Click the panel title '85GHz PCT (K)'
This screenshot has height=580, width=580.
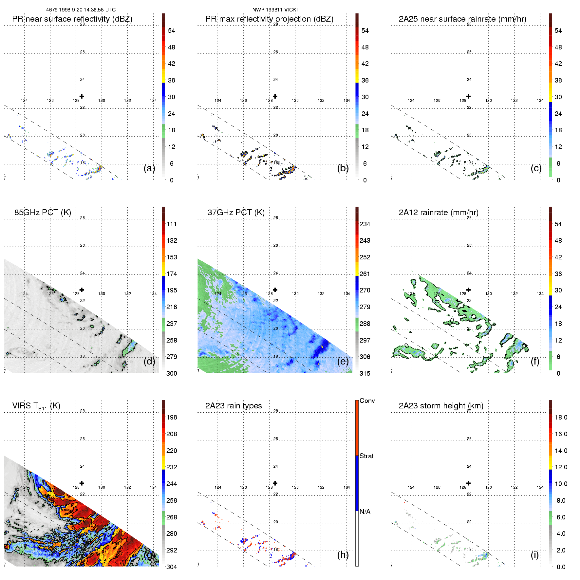pyautogui.click(x=43, y=213)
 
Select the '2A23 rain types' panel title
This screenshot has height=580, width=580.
pyautogui.click(x=234, y=406)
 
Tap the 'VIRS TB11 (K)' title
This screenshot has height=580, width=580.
pyautogui.click(x=36, y=406)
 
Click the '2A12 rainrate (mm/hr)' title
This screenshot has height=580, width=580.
pyautogui.click(x=439, y=213)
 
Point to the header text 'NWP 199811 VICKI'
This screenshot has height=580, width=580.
pyautogui.click(x=275, y=10)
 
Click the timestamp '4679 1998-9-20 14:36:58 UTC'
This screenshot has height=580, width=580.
pyautogui.click(x=81, y=10)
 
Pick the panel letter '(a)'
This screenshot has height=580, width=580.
pyautogui.click(x=149, y=168)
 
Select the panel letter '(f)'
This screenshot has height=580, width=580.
pyautogui.click(x=535, y=361)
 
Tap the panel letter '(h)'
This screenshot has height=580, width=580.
pyautogui.click(x=343, y=554)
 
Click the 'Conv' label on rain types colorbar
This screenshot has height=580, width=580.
pyautogui.click(x=367, y=401)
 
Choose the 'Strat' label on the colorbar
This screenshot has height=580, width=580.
pyautogui.click(x=366, y=456)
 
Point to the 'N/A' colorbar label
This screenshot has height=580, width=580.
pyautogui.click(x=365, y=512)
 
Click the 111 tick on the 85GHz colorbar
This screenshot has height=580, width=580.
pyautogui.click(x=172, y=224)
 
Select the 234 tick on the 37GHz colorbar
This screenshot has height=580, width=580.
pyautogui.click(x=365, y=224)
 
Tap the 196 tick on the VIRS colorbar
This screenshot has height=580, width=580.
pyautogui.click(x=172, y=418)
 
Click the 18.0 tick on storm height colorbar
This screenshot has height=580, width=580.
pyautogui.click(x=561, y=418)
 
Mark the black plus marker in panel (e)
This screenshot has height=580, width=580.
pyautogui.click(x=275, y=290)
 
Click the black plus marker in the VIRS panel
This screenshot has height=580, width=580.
pyautogui.click(x=82, y=483)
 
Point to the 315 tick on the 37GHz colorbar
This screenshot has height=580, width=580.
pyautogui.click(x=365, y=374)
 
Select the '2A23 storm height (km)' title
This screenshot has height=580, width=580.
pyautogui.click(x=441, y=406)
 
